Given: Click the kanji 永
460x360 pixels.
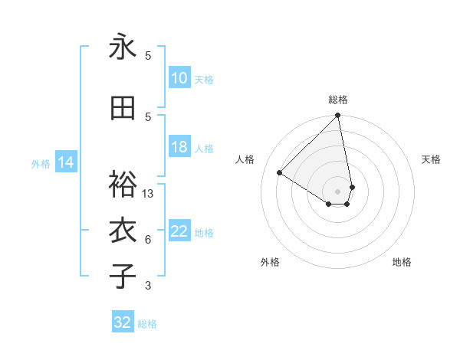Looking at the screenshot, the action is (x=123, y=47).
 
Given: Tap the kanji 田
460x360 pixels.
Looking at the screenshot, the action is (x=123, y=110).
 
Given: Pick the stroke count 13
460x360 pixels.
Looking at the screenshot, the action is (x=148, y=194).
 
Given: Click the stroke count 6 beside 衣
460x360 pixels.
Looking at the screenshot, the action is (x=148, y=240).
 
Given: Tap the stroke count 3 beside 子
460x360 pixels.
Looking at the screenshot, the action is (x=148, y=286).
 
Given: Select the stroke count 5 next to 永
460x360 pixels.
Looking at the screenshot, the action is (x=148, y=55).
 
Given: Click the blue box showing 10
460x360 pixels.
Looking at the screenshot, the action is (x=179, y=78).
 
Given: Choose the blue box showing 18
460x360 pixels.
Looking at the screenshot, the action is (x=179, y=148).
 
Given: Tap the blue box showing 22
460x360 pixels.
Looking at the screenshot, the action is (x=179, y=232).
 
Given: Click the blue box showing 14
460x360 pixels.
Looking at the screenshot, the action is (x=65, y=162).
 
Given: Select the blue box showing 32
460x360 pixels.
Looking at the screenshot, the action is (x=123, y=322).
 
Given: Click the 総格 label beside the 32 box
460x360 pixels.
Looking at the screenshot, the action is (x=147, y=324).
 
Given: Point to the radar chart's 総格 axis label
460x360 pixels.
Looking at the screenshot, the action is (x=338, y=100).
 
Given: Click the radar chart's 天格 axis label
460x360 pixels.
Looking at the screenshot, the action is (x=431, y=159).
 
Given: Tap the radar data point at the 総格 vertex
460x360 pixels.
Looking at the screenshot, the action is (x=338, y=116).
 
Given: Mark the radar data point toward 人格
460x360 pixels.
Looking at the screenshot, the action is (x=280, y=172).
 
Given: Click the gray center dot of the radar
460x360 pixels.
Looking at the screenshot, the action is (x=338, y=191).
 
